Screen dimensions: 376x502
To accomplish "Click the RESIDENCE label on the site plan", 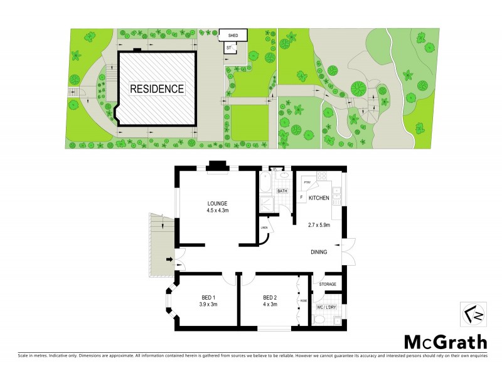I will [x=157, y=89].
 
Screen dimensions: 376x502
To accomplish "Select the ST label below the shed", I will [x=229, y=47].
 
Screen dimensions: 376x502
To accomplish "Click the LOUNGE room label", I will [x=218, y=203].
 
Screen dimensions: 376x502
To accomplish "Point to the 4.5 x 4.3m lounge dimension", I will [x=218, y=211].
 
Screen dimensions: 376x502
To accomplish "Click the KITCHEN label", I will [x=319, y=198].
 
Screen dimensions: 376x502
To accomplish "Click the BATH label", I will [x=282, y=191].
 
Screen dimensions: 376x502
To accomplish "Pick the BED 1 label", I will [x=208, y=297].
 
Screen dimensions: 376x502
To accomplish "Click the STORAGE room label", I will [x=327, y=285].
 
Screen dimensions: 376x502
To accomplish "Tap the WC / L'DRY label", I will [x=326, y=306].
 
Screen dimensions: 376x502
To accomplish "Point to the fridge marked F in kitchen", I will [x=302, y=198].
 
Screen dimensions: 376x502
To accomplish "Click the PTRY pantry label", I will [x=308, y=182].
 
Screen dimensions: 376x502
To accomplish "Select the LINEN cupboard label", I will [x=264, y=228].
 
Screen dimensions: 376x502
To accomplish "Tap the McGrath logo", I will [x=444, y=342].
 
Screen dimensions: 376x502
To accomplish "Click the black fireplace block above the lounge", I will [x=218, y=165].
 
